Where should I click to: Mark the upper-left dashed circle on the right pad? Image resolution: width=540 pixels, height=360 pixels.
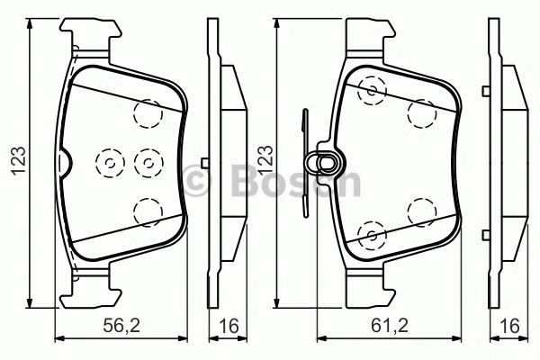[x=370, y=90]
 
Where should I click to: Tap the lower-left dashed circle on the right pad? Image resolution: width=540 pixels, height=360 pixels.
[x=370, y=235]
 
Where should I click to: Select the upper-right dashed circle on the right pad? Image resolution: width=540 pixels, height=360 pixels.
[x=419, y=113]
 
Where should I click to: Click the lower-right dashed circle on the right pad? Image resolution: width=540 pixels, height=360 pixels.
[x=419, y=211]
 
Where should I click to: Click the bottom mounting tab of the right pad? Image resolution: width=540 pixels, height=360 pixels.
[x=368, y=289]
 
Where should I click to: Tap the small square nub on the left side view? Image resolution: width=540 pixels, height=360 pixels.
[x=205, y=163]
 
